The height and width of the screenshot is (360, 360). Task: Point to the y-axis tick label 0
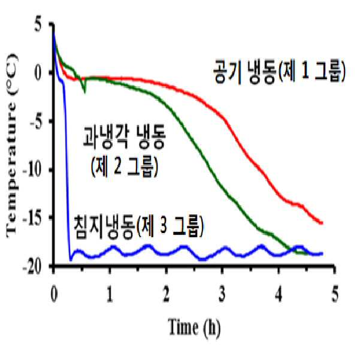point(38,72)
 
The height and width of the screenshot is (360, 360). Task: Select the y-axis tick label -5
point(36,121)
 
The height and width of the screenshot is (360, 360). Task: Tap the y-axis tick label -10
point(32,170)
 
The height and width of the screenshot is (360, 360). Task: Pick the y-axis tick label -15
point(32,219)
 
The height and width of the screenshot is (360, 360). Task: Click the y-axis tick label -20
point(32,267)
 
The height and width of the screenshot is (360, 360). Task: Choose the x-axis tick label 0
point(54,294)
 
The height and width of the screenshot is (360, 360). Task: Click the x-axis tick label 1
point(110,294)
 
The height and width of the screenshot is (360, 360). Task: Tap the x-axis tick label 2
point(166,294)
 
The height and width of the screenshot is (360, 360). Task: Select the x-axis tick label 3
point(222,294)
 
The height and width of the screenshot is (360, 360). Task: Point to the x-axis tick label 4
point(279,294)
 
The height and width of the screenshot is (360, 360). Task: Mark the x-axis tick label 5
point(335,294)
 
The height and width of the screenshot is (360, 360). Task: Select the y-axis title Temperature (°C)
point(11,146)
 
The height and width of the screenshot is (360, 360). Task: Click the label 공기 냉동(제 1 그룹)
point(279,71)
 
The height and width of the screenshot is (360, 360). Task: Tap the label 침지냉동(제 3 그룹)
point(139,226)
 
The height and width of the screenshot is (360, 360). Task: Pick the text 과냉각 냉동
point(124,138)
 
